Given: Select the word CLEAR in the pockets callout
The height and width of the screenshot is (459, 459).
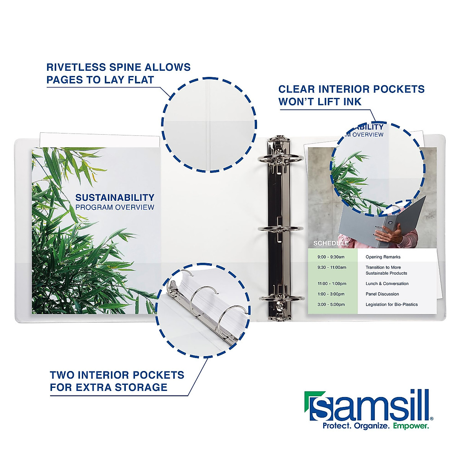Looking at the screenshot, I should point(296,90).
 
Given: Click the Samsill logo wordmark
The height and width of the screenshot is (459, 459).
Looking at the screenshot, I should point(369,406).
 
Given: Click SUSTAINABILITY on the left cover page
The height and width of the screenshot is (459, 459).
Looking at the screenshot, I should point(115,198).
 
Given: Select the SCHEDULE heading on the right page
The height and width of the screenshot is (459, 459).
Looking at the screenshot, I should point(331,243).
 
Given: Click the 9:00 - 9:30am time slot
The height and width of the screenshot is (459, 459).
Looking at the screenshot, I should point(331,257).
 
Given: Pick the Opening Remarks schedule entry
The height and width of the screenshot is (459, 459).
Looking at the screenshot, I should point(383,257).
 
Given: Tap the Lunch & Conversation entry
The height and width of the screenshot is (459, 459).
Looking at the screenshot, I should point(387,284).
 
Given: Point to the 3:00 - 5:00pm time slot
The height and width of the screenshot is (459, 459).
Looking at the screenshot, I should point(331,304).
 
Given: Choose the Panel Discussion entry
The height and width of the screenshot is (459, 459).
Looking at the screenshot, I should point(382,294).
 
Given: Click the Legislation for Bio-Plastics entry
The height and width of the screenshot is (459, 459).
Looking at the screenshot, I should point(391,304).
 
